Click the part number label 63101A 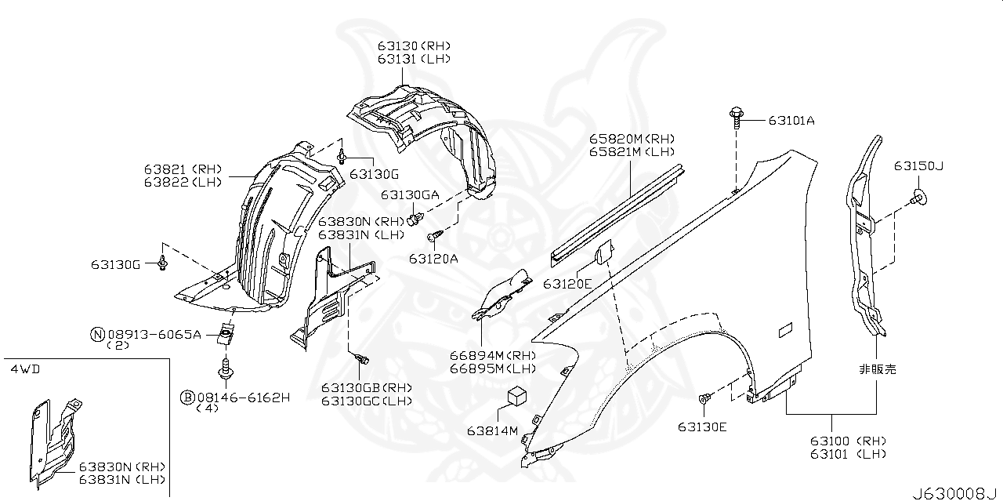coord(791,121)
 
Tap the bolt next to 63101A coord(737,116)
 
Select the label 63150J coord(918,167)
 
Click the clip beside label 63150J coord(920,196)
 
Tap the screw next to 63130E coord(704,400)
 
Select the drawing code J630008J coord(956,493)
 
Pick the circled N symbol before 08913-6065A coord(97,335)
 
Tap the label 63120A coord(433,257)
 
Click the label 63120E coord(568,284)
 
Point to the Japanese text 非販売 coord(877,368)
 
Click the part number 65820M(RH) coord(632,138)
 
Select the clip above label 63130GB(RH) coord(362,359)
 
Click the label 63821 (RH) coord(183,169)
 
